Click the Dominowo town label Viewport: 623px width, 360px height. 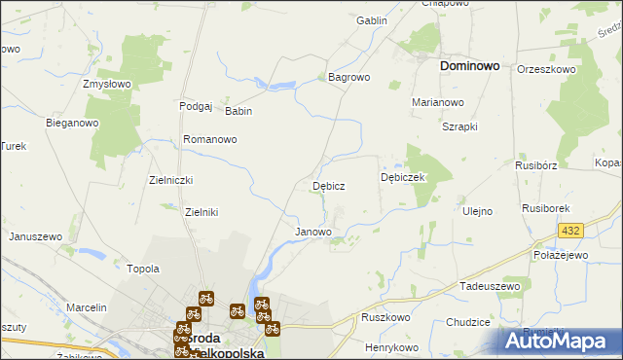click(470, 66)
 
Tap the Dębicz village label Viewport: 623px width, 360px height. click(328, 185)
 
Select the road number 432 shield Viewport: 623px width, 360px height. click(570, 231)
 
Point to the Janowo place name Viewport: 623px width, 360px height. click(313, 232)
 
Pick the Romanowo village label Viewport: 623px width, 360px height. click(210, 139)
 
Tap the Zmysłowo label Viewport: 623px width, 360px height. click(107, 84)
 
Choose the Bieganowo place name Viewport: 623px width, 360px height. click(73, 123)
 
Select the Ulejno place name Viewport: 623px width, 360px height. click(478, 211)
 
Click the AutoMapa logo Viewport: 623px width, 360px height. click(560, 341)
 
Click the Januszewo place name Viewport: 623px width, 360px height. click(35, 236)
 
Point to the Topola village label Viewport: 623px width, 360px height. click(143, 269)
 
